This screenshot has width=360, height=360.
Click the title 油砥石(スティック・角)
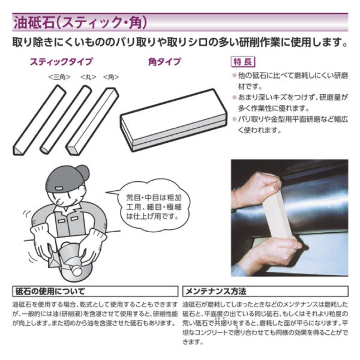(x=80, y=23)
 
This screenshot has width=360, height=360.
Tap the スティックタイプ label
(x=62, y=62)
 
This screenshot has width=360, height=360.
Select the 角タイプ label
(x=164, y=62)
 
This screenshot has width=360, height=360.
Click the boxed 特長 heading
(x=243, y=62)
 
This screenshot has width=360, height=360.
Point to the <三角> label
(x=59, y=77)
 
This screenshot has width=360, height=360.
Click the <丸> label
(x=88, y=77)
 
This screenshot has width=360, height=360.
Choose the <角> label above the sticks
(x=111, y=77)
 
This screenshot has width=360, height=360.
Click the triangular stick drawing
(x=40, y=120)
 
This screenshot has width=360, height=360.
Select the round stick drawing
(x=66, y=119)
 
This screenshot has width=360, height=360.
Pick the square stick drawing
(x=92, y=121)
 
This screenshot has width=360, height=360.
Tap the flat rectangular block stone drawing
(x=173, y=120)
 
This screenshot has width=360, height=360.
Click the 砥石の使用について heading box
(x=95, y=292)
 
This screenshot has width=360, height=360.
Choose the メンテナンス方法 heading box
(x=265, y=292)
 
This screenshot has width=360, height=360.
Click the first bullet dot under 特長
(x=234, y=76)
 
